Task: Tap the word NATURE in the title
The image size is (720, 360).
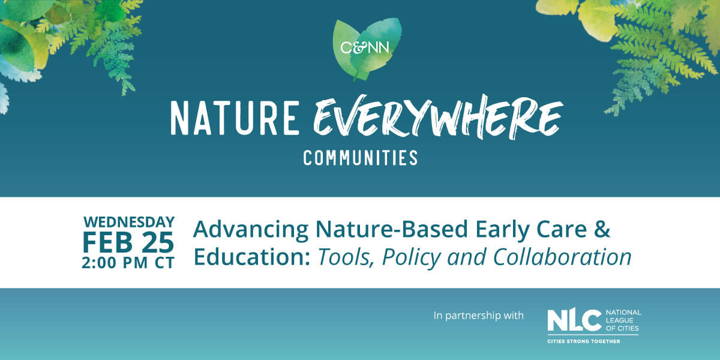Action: pos(235,118)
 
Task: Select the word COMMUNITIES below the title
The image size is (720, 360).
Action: pos(361,158)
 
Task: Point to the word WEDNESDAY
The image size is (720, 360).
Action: pos(129,222)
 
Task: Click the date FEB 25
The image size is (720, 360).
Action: pos(128,242)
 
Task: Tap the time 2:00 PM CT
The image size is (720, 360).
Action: pos(128,263)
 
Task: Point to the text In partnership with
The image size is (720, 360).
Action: pos(479,315)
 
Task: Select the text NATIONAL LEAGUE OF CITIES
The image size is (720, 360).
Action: pos(623,320)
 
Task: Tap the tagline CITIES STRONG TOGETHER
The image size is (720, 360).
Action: pos(583,341)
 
